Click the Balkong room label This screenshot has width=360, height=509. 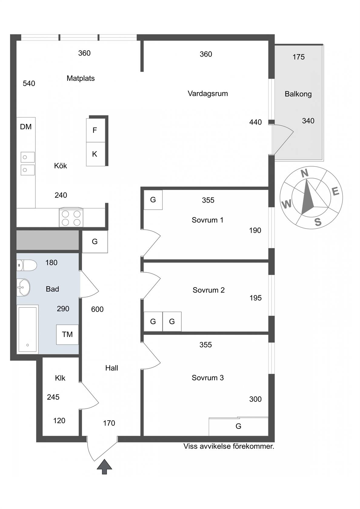click(x=298, y=94)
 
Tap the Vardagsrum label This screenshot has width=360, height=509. click(x=208, y=93)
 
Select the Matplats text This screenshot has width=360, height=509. click(x=81, y=78)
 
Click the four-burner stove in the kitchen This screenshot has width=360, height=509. click(x=71, y=217)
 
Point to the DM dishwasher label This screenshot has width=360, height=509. click(x=26, y=127)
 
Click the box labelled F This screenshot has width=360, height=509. click(x=95, y=130)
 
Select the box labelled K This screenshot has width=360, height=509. click(x=95, y=154)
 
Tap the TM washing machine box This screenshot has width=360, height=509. click(x=67, y=334)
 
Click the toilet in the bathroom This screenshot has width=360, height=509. click(x=27, y=265)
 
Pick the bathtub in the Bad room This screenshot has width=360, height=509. click(x=27, y=330)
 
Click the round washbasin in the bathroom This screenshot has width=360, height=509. click(x=23, y=288)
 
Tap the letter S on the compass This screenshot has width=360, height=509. click(x=318, y=221)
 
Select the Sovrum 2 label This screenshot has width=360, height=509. click(x=208, y=290)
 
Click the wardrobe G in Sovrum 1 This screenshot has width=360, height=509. click(x=153, y=200)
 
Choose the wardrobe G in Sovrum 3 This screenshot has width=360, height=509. click(x=238, y=426)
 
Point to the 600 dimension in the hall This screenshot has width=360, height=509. click(x=97, y=309)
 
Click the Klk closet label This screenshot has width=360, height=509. click(x=60, y=378)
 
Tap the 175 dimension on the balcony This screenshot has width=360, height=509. click(x=298, y=57)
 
